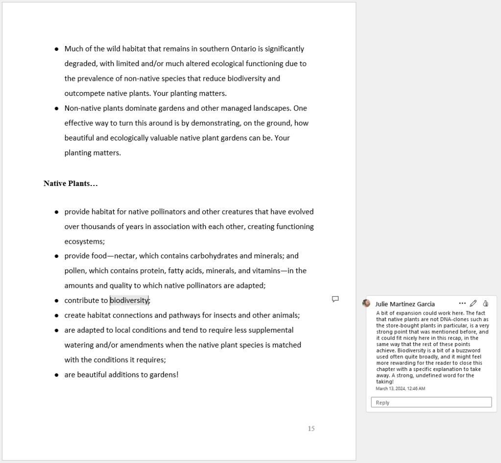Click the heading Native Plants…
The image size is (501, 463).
pos(71,184)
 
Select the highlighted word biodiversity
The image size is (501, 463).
pos(129,301)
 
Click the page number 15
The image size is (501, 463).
pos(311,429)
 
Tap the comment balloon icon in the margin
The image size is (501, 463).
pos(335,299)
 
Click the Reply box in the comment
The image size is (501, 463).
pos(431,402)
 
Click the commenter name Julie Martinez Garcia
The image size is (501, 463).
pos(405,304)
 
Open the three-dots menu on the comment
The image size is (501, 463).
pos(462,303)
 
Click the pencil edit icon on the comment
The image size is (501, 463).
pos(473,303)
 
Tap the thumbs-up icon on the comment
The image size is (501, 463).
pos(485,303)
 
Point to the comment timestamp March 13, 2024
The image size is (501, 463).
pos(400,389)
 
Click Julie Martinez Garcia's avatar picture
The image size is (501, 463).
pos(366,303)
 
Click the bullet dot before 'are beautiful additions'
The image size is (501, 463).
pos(57,375)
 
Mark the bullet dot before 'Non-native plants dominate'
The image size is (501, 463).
pos(57,108)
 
